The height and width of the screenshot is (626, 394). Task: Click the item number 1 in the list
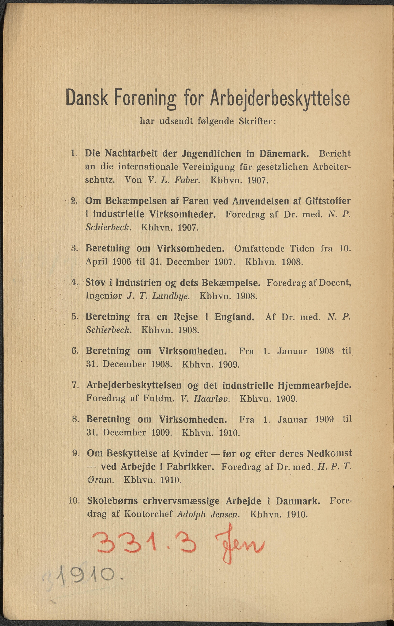click(74, 154)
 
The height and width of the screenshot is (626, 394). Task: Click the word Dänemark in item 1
click(284, 154)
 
